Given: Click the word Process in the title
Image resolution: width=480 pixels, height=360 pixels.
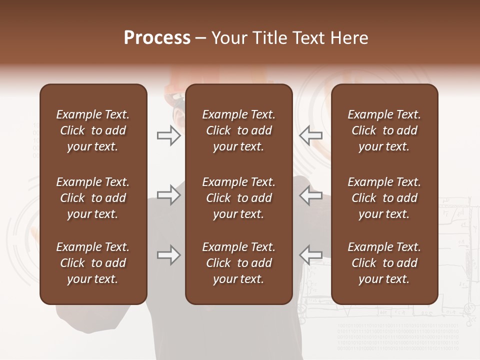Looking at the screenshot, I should (157, 38).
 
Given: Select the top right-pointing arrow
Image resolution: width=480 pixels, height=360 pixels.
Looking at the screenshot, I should (168, 135).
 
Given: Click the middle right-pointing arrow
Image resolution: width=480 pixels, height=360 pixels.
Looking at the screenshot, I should (168, 194).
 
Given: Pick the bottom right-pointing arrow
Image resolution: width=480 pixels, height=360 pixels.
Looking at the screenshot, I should (168, 255).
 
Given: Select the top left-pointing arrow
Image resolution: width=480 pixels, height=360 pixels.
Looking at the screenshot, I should (311, 135).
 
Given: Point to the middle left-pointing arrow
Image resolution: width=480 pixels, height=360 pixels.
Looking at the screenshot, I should (311, 195).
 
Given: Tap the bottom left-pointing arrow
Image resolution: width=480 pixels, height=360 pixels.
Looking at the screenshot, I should (311, 255).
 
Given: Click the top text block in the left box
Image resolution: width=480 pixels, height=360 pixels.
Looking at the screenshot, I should (93, 130).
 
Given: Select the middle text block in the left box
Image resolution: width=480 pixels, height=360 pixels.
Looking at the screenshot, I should (93, 198).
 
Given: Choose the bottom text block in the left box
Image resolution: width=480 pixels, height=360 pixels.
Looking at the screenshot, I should (93, 263).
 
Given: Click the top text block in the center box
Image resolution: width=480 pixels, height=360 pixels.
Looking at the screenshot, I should (238, 130).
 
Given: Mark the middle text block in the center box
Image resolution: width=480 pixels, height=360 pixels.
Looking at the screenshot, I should (238, 198).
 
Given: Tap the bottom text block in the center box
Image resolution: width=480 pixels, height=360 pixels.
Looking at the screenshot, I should (238, 263).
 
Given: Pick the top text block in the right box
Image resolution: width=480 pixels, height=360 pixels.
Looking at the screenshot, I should (384, 130).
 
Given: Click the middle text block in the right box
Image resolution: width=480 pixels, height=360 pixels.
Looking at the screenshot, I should (384, 198).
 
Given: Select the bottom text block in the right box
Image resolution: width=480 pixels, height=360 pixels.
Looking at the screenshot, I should (384, 263).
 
